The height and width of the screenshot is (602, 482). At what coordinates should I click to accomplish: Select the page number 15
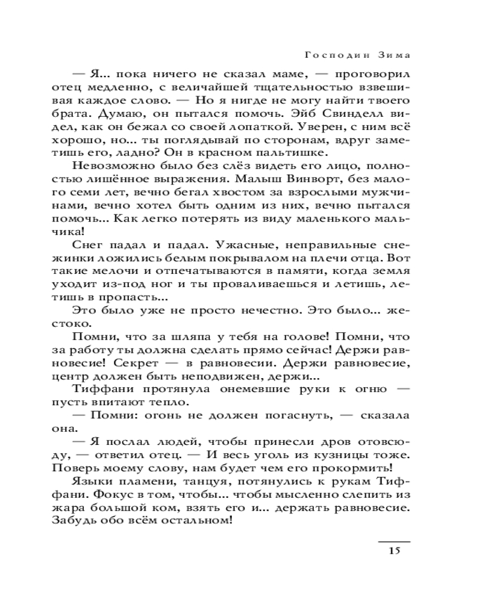394,550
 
